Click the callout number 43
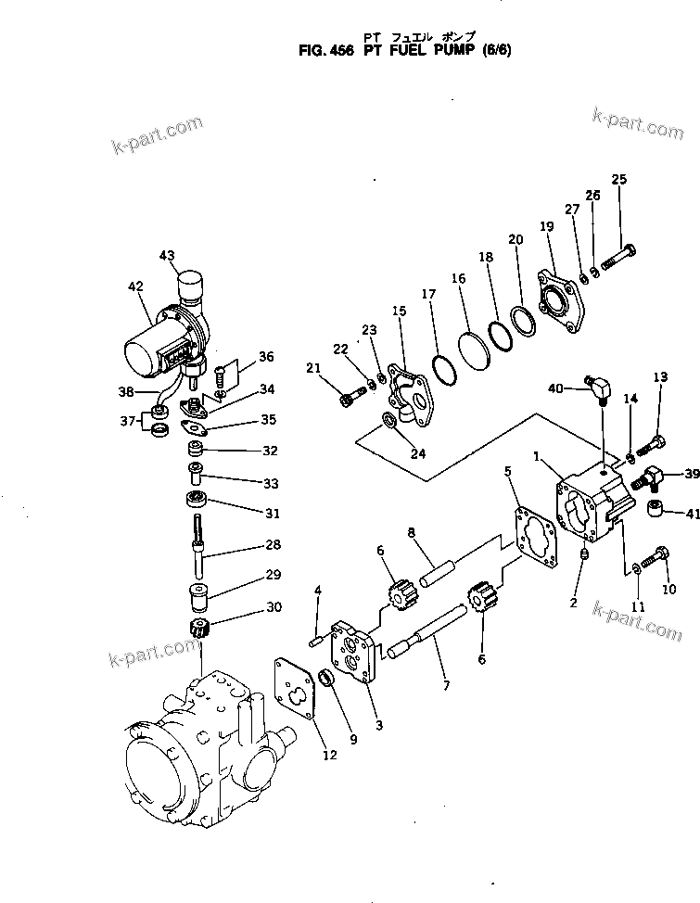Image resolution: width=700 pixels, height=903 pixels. click(x=166, y=255)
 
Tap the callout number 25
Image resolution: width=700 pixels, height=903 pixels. click(x=619, y=179)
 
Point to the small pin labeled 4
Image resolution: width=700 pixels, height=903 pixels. click(x=316, y=639)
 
